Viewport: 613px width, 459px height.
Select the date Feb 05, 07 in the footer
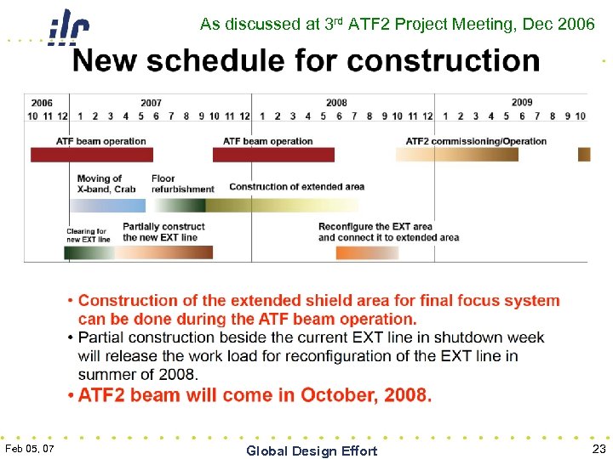pos(30,448)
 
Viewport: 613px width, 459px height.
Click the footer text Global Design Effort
pos(312,451)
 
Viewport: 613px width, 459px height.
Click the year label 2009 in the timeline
pos(522,103)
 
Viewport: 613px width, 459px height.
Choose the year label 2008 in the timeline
pos(336,103)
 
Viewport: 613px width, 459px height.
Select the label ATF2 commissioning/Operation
pos(476,141)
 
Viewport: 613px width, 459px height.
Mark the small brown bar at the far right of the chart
pos(584,154)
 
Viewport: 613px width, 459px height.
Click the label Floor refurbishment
pos(182,184)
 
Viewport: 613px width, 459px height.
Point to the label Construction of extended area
pos(296,187)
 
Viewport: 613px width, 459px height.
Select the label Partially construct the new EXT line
pos(163,232)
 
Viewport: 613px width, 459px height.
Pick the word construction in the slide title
pos(444,61)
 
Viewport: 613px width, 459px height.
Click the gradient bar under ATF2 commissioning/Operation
pos(456,154)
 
